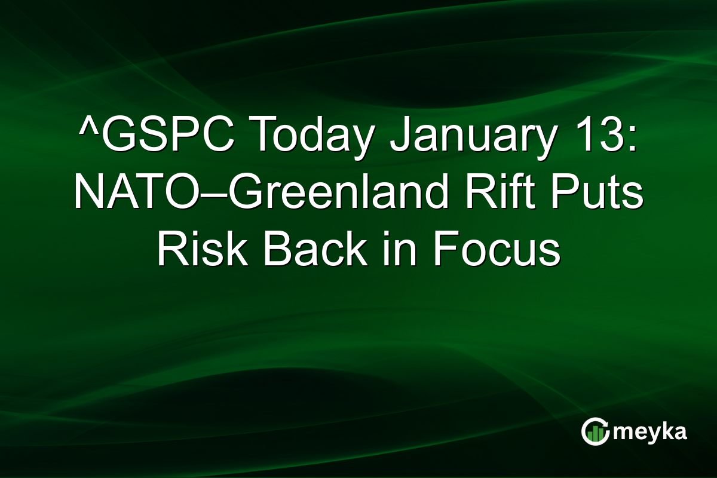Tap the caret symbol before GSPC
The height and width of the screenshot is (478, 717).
pyautogui.click(x=86, y=128)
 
